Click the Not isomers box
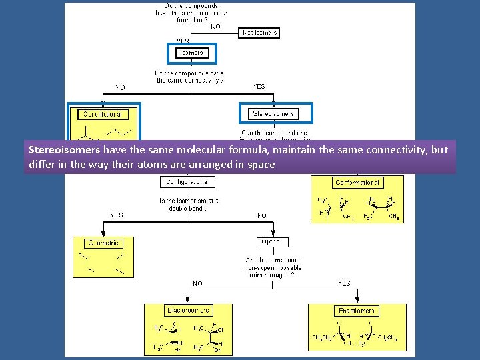coord(259,32)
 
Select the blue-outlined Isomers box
coord(191,53)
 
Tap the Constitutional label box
coord(103,114)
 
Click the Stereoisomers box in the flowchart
coord(272,113)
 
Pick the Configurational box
coord(187,181)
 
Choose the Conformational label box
coord(358,183)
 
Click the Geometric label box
coord(103,244)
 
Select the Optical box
coord(272,241)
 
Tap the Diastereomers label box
coord(187,311)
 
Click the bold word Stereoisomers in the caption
coord(63,150)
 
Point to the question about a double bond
coord(189,204)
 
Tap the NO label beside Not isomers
coord(215,27)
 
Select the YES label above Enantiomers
coord(343,283)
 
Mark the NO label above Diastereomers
coord(198,283)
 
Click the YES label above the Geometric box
coord(117,215)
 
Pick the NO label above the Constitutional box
coord(120,87)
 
